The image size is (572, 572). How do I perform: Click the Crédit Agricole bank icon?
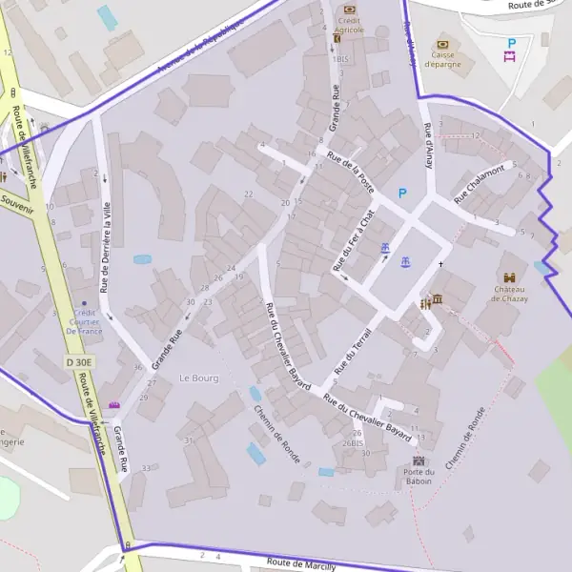(349, 10)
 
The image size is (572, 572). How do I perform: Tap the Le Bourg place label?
(198, 378)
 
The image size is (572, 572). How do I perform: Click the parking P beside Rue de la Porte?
(401, 194)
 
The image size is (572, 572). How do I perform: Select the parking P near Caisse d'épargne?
(511, 43)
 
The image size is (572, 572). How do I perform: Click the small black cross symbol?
(440, 264)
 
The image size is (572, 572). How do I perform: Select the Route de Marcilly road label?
(301, 564)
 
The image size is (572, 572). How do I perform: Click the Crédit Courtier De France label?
(85, 324)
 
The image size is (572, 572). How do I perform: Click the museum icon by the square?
(437, 301)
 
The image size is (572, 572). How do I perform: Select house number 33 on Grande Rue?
(146, 468)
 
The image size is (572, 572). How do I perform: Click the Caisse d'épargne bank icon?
(441, 44)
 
